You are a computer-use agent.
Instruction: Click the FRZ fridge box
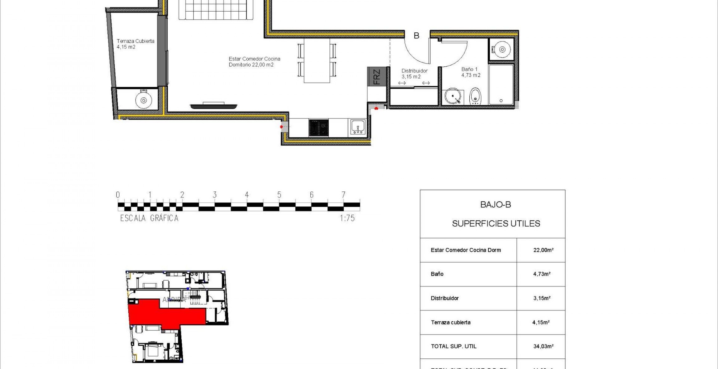point(377,77)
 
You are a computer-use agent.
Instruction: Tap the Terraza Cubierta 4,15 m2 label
point(135,44)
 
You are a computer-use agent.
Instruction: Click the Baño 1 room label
point(471,72)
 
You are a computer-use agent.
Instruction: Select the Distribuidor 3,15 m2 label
point(414,74)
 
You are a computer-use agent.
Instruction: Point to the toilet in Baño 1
point(475,96)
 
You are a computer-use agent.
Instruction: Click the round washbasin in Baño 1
point(452,97)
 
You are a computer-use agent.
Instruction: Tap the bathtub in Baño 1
point(501,85)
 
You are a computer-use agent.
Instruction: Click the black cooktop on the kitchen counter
point(318,128)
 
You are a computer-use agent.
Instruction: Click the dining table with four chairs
point(317,61)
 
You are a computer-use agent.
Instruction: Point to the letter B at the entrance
point(416,36)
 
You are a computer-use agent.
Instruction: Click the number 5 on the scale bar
point(279,195)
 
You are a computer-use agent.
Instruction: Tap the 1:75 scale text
point(347,218)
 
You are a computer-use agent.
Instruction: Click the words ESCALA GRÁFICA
point(149,218)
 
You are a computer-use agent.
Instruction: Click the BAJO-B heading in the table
point(495,205)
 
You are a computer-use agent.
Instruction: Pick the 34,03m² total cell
point(543,346)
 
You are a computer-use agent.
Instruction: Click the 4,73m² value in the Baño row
point(542,274)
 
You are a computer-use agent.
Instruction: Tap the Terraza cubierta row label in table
point(451,322)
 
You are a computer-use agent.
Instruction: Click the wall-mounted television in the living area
point(213,106)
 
